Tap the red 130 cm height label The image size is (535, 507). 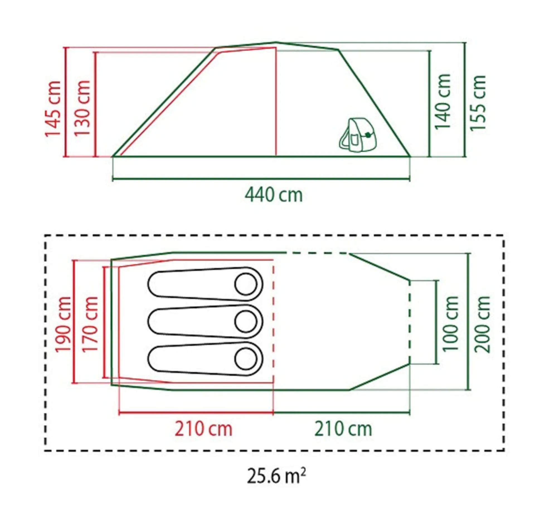tap(82, 108)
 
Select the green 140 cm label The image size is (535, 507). tap(442, 101)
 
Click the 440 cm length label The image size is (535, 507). tap(274, 195)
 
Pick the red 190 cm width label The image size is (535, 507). tap(63, 324)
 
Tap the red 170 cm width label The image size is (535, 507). tap(90, 324)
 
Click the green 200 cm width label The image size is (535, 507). tap(482, 324)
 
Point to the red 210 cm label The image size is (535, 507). tap(203, 429)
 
